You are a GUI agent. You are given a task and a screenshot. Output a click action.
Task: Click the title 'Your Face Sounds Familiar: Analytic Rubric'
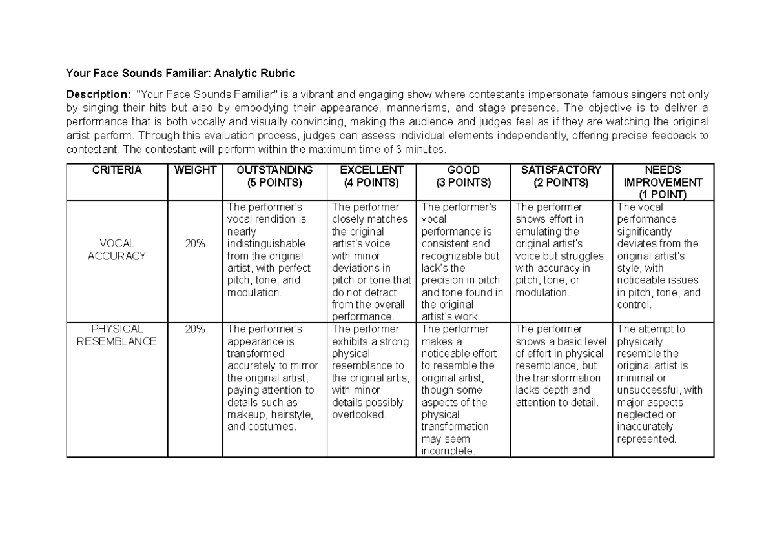click(181, 72)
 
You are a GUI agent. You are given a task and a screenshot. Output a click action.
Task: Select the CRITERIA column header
click(117, 170)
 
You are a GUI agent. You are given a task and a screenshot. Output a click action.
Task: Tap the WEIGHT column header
click(194, 170)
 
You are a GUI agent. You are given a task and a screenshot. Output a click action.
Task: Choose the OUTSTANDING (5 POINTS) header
click(274, 176)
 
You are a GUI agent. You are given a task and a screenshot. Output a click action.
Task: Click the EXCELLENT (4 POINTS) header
click(371, 176)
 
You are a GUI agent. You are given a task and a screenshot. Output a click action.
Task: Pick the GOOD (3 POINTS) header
click(463, 176)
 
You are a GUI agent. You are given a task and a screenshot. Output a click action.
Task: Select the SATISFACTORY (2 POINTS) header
click(561, 176)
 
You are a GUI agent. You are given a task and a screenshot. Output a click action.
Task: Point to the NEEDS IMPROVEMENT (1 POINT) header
click(663, 182)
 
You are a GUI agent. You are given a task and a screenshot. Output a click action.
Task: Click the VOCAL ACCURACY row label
click(117, 250)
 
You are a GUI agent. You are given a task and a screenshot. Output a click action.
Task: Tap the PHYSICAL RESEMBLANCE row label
click(117, 335)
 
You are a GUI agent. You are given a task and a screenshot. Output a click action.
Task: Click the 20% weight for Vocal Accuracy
click(194, 244)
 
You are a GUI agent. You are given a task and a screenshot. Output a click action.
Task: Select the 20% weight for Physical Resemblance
click(194, 329)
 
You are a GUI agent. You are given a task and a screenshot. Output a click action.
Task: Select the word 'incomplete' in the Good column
click(446, 451)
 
